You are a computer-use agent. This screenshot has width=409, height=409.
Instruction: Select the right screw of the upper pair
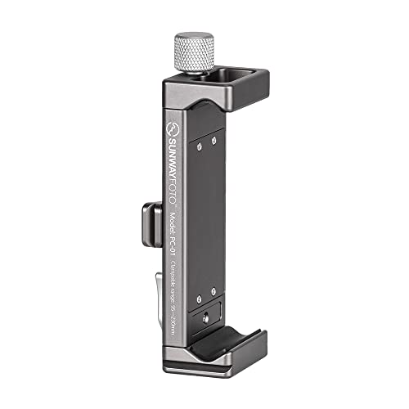[x=213, y=141]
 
